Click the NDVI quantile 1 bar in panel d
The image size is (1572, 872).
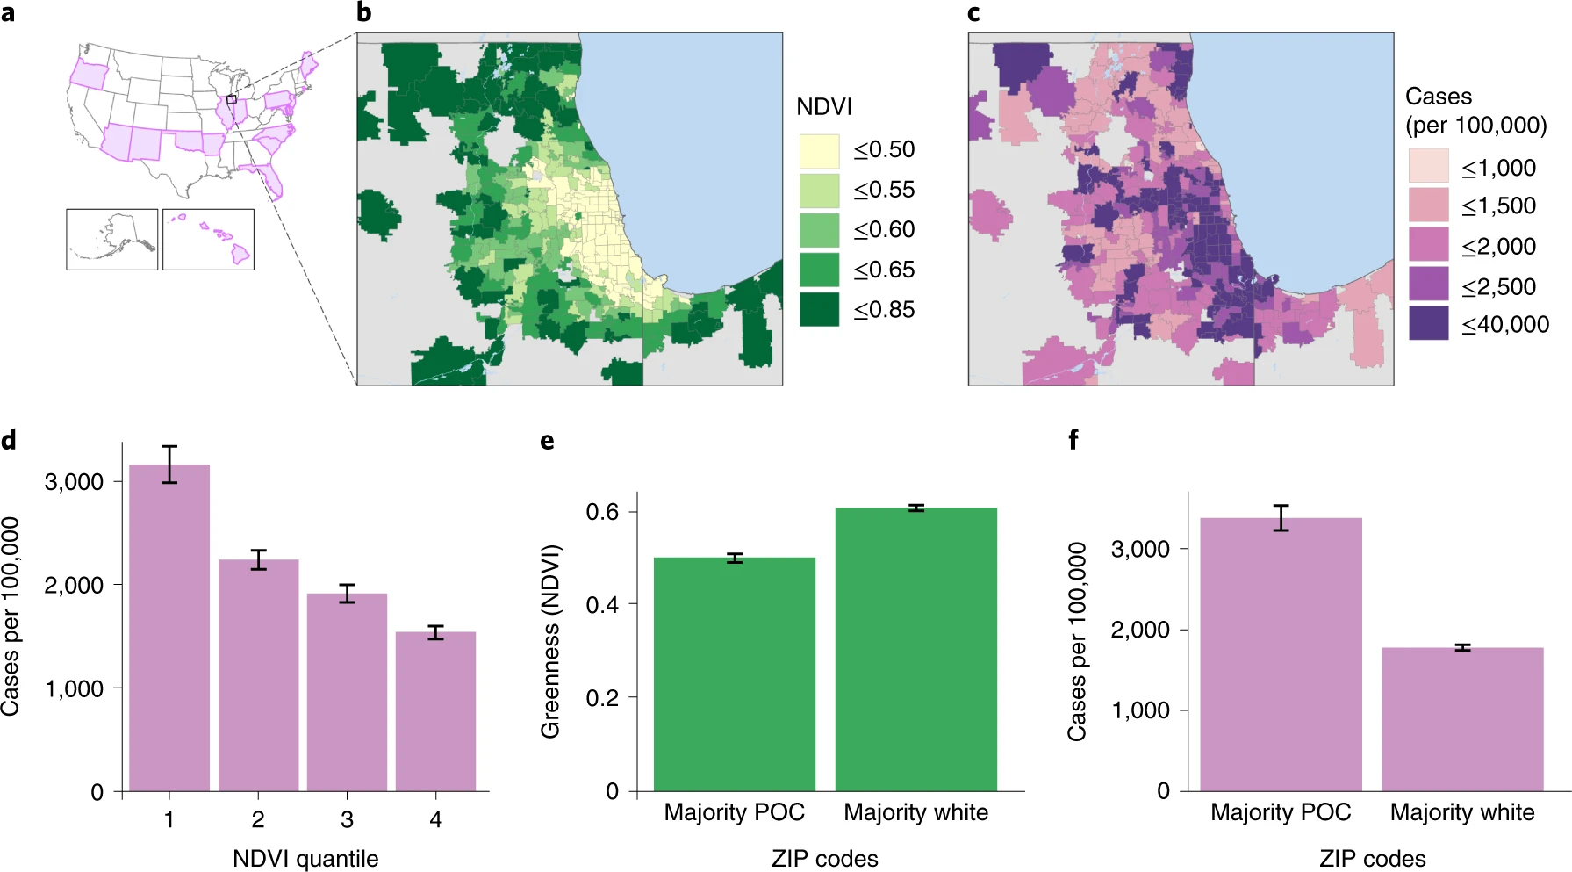(169, 628)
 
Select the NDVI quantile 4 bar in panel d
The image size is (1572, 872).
(435, 711)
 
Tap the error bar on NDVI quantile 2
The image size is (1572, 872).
(258, 560)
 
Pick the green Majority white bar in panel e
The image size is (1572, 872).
(915, 650)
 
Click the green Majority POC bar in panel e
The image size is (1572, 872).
(734, 674)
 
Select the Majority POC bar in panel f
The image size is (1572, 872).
(1281, 654)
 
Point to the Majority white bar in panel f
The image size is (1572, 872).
(1462, 719)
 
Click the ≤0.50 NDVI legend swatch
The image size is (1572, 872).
(819, 150)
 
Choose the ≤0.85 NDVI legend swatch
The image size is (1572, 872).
(819, 310)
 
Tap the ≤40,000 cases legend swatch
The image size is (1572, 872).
(1428, 323)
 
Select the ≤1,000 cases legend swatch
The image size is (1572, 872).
(1428, 166)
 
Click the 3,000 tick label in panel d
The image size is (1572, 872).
(74, 481)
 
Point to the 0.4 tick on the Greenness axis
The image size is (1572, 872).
(602, 605)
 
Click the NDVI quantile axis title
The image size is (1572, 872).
(305, 858)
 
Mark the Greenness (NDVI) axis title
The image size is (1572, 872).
(550, 642)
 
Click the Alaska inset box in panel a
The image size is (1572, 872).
(112, 239)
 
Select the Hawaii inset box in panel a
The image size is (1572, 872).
(208, 239)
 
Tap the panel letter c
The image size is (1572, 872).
(973, 13)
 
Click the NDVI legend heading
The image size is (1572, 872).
(824, 107)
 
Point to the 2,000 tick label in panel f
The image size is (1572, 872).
(1140, 630)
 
